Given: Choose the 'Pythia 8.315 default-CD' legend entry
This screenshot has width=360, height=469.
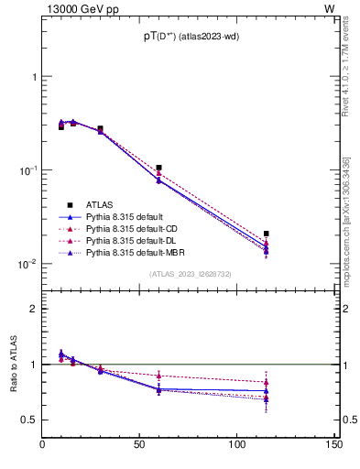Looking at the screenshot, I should pos(135,228).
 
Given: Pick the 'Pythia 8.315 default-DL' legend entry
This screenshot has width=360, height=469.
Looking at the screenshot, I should pos(134,240).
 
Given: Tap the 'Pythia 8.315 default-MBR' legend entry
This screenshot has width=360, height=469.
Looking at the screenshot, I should pos(136,252).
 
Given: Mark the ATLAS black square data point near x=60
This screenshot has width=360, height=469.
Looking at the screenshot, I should pos(159,168).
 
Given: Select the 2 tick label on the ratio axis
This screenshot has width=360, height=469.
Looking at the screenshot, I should pos(33,309).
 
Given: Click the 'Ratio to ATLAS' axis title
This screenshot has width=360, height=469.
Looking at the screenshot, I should pos(12,364).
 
